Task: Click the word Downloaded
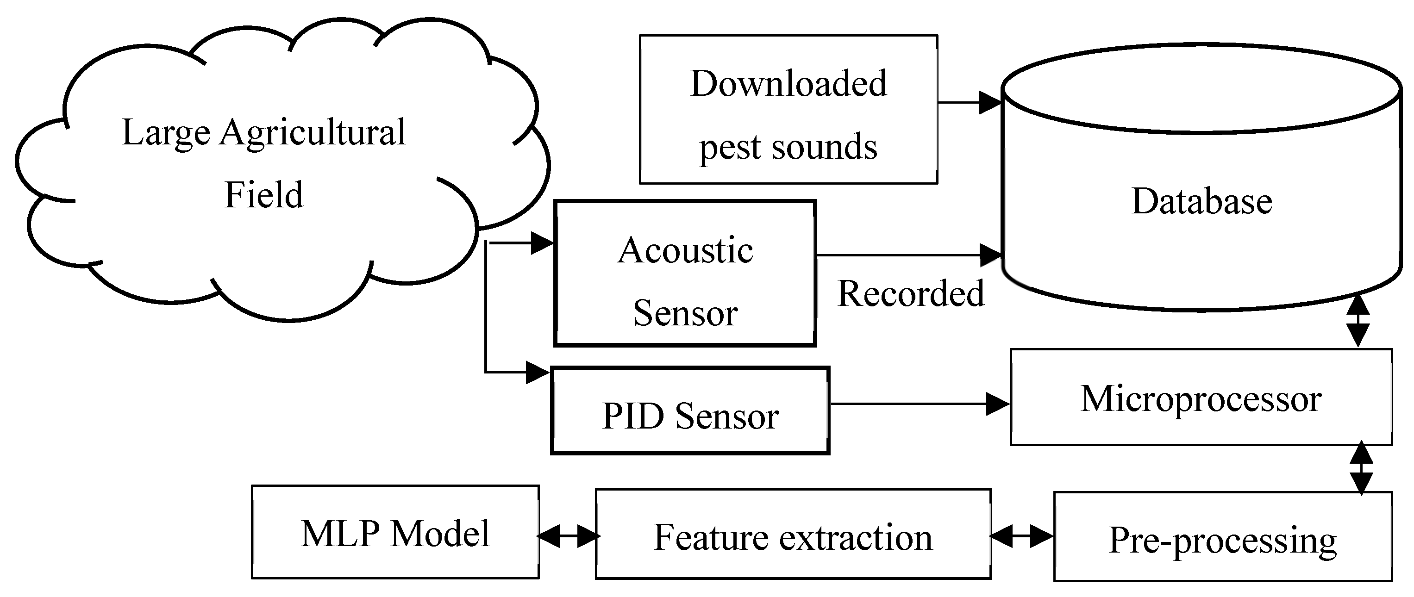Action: coord(788,83)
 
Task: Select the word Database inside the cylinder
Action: coord(1201,201)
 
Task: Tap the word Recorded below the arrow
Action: coord(911,293)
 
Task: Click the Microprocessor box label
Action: coord(1201,399)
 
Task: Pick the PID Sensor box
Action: coord(690,410)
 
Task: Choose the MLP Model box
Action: coord(395,532)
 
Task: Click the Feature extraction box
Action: coord(793,534)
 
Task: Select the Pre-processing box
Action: coord(1223,536)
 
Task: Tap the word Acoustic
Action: coord(685,250)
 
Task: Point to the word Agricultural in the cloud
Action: coord(313,132)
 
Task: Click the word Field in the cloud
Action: coord(263,194)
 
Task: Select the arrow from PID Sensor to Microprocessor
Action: coord(920,404)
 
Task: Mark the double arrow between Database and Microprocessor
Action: coord(1358,321)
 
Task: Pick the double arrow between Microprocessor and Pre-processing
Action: coord(1361,468)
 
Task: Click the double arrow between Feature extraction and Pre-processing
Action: coord(1022,536)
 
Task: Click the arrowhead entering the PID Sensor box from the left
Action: coord(538,373)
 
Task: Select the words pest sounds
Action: coord(788,147)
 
